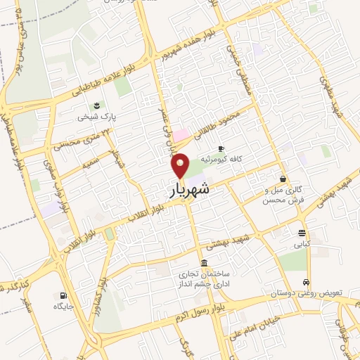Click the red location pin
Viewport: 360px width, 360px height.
181,165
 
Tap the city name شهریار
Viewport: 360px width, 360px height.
189,190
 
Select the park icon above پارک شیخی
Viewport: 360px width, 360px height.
96,105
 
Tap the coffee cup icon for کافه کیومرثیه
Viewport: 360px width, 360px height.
221,149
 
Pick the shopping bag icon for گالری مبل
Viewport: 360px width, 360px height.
283,179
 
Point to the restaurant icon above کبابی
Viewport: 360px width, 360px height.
302,234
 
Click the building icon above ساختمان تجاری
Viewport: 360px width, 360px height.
204,263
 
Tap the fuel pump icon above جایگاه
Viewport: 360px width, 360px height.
64,295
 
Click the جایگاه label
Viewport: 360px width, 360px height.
64,307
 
